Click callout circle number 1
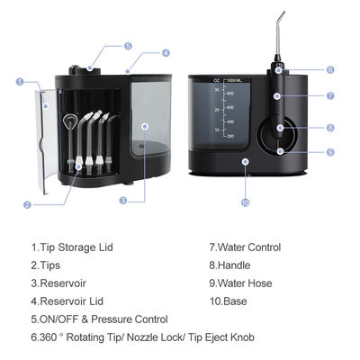tap(21, 82)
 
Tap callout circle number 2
tap(28, 204)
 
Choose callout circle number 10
tap(244, 203)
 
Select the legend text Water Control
tap(247, 247)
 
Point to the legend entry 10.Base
tap(229, 301)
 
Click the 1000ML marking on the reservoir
tap(237, 81)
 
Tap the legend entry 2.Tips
tap(48, 265)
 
